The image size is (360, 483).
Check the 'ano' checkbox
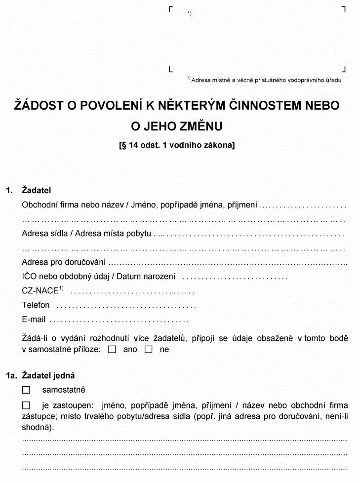coord(112,349)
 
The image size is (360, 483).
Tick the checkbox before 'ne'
coord(149,349)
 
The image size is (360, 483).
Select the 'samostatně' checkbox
coord(26,390)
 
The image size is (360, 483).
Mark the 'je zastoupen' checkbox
coord(26,405)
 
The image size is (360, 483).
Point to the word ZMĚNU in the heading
coord(199,126)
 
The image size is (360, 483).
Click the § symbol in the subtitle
coord(122,146)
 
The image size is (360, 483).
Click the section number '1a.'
coord(12,376)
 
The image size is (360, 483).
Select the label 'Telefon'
coord(36,305)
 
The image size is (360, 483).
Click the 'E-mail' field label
coord(34,320)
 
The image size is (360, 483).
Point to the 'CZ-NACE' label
coord(40,291)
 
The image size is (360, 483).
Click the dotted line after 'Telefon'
coord(126,306)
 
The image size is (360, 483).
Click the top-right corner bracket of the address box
coord(343,9)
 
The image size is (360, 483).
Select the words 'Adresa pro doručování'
coord(64,262)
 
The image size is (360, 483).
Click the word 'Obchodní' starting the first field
coord(39,204)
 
